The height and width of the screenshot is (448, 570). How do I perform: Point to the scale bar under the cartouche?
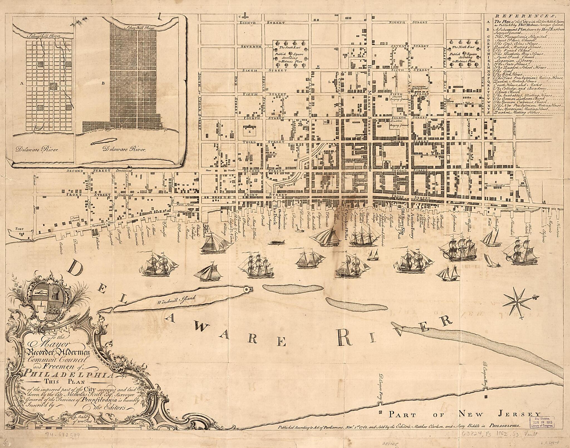(86, 426)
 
